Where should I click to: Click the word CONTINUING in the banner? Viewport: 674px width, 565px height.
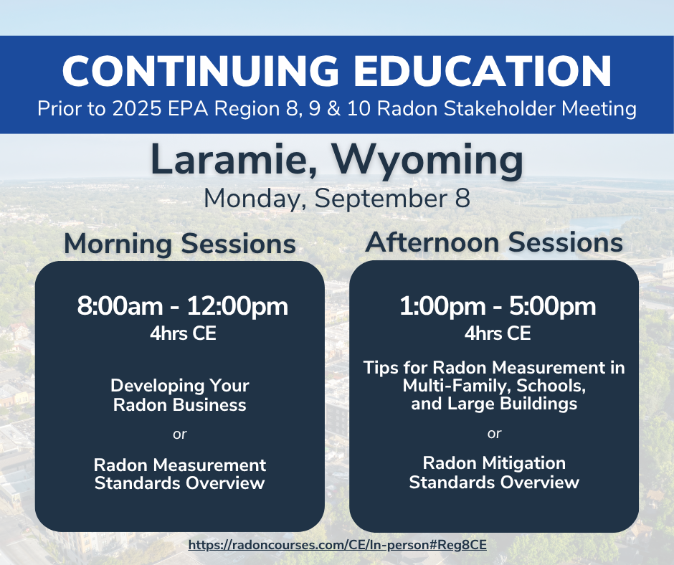(x=201, y=71)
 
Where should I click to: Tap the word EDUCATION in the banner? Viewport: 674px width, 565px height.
(x=483, y=71)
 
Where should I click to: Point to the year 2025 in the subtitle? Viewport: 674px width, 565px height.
(x=137, y=108)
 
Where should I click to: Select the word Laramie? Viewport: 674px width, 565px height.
(x=234, y=160)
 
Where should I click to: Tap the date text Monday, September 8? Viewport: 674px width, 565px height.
(x=337, y=199)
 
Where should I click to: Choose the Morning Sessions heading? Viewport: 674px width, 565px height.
(x=180, y=244)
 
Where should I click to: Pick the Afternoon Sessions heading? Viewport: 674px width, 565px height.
(x=494, y=242)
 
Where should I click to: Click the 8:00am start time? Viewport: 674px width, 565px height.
(x=120, y=306)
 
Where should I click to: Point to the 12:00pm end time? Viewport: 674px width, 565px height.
(x=237, y=307)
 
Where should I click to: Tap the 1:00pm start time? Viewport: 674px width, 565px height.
(x=442, y=307)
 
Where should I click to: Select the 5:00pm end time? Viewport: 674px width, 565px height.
(x=552, y=307)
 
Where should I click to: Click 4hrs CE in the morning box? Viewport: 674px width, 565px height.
(x=183, y=333)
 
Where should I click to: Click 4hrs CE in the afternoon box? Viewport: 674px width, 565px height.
(x=498, y=333)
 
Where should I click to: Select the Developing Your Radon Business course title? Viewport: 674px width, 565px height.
(x=180, y=395)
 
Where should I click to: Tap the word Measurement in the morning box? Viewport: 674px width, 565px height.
(x=210, y=465)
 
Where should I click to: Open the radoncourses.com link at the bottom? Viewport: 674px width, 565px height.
(x=338, y=545)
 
